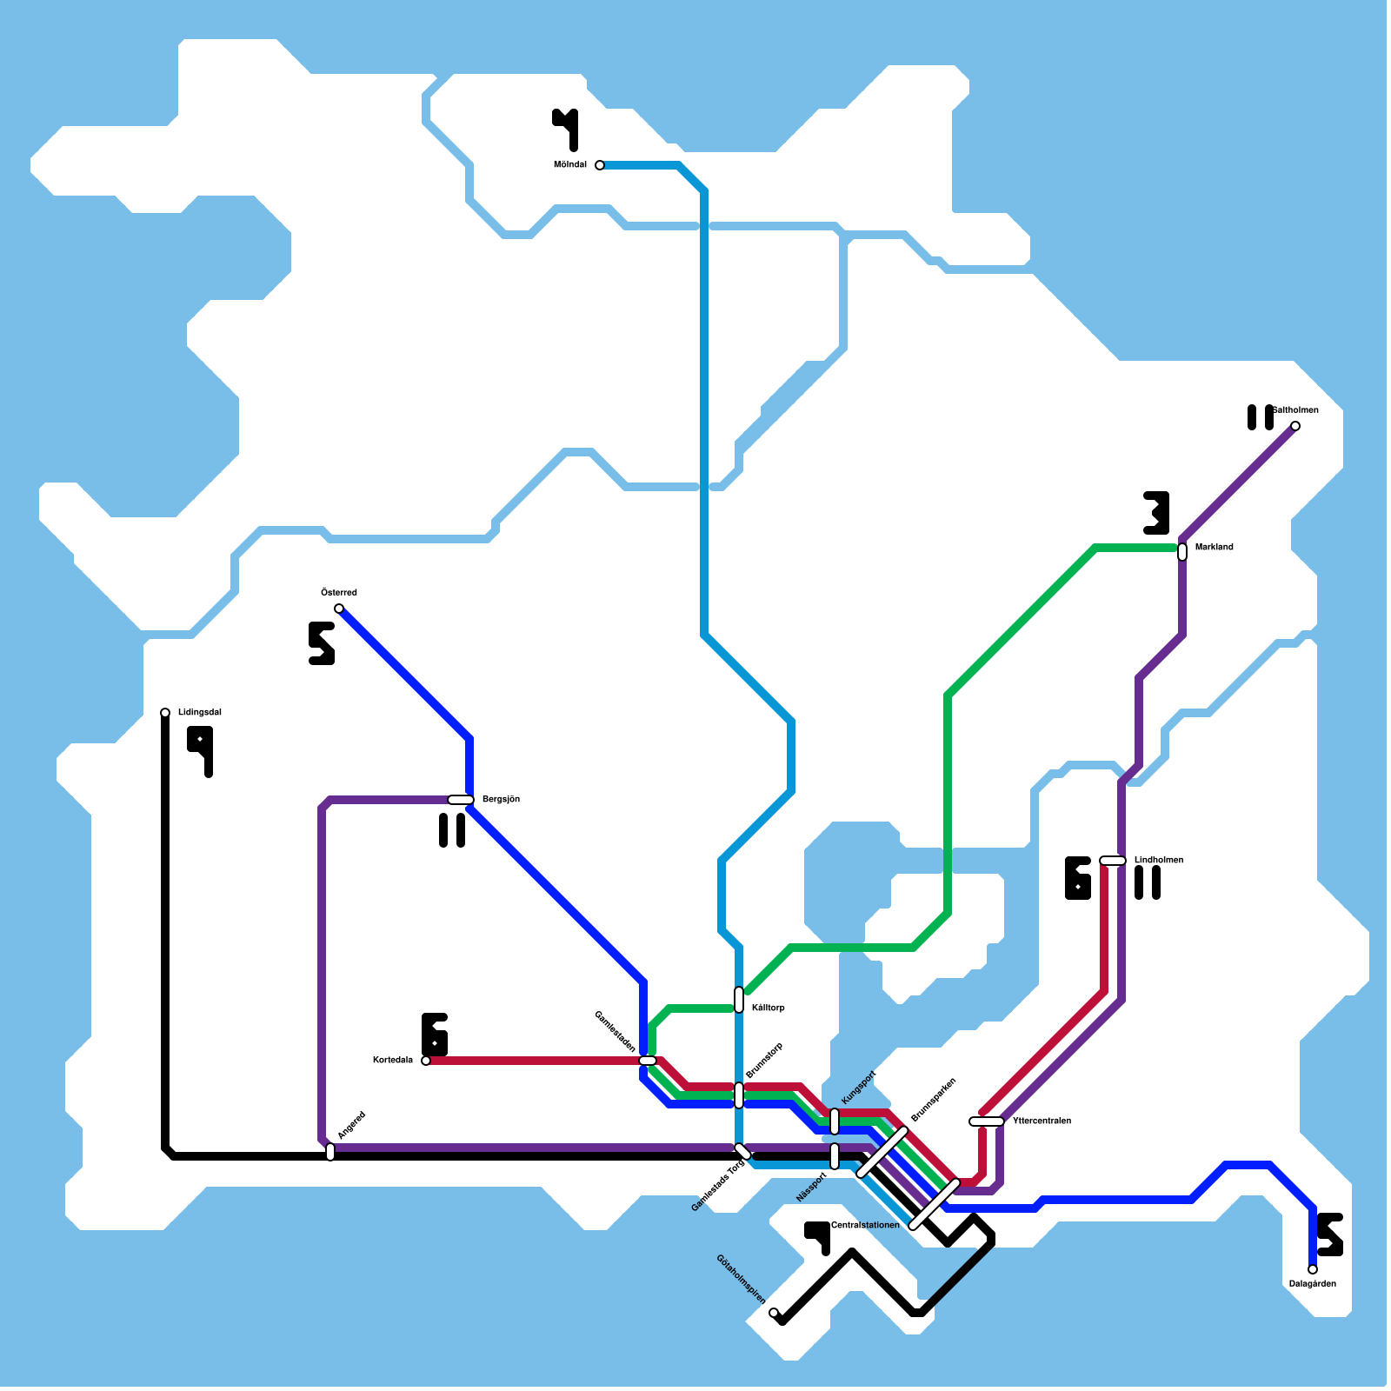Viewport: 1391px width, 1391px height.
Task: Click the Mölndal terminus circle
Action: point(600,165)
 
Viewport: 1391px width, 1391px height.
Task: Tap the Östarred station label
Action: point(339,593)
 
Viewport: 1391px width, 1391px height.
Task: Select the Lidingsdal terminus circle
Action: point(165,713)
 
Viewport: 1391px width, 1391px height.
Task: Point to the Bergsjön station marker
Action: point(461,800)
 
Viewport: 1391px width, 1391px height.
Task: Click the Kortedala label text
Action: point(393,1061)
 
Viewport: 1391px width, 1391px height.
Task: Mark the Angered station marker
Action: point(330,1152)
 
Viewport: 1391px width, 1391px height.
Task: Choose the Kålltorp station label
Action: point(769,1008)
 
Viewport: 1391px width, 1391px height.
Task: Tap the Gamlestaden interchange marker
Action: point(648,1061)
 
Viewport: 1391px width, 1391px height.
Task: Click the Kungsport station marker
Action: point(835,1121)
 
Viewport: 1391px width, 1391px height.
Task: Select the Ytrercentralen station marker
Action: point(987,1121)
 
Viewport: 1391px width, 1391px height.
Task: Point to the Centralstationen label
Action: point(865,1226)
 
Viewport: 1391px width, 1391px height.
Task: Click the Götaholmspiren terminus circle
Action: point(774,1313)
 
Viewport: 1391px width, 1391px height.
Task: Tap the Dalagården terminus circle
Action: point(1313,1269)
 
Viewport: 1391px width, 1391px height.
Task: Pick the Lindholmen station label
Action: point(1158,861)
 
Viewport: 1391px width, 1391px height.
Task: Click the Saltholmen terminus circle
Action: point(1295,426)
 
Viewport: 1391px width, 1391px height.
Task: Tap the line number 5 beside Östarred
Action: point(321,643)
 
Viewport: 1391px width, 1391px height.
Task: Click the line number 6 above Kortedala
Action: point(435,1035)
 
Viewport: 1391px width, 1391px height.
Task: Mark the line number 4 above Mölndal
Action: point(566,129)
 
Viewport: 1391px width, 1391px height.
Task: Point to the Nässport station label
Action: point(812,1188)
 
